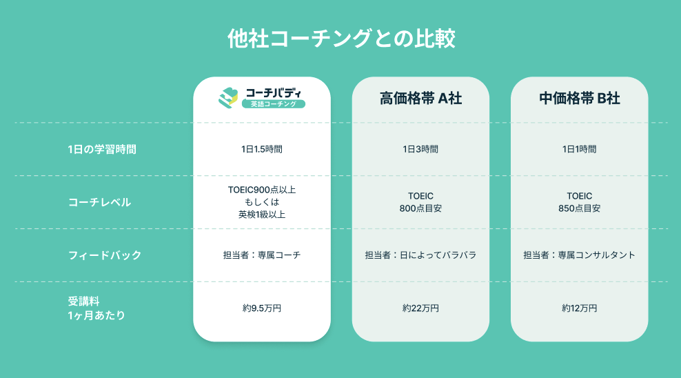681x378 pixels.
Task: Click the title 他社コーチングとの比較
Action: coord(341,38)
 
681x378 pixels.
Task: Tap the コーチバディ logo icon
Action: coord(228,98)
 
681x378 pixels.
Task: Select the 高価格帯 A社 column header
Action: coord(420,99)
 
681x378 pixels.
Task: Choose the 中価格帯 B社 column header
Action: coord(580,99)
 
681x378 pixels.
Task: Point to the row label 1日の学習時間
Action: coord(102,150)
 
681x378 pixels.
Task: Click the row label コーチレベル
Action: coord(99,203)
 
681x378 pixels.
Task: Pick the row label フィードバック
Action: coord(105,255)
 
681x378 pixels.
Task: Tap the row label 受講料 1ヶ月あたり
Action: coord(96,308)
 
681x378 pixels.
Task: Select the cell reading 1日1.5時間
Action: coord(262,150)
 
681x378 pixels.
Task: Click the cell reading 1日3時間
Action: coord(420,150)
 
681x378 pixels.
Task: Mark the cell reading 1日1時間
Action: coord(580,150)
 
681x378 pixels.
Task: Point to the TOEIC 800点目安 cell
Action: coord(420,202)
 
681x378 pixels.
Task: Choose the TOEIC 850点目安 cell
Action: coord(580,202)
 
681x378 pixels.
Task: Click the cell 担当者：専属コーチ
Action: coord(262,255)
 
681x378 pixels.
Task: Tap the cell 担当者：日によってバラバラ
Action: coord(420,255)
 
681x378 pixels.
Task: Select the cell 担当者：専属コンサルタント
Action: coord(580,255)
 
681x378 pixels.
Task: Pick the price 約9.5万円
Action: coord(262,308)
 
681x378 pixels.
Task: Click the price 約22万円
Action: coord(420,308)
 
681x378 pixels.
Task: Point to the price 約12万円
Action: coord(580,308)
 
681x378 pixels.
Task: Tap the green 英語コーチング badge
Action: coord(274,104)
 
